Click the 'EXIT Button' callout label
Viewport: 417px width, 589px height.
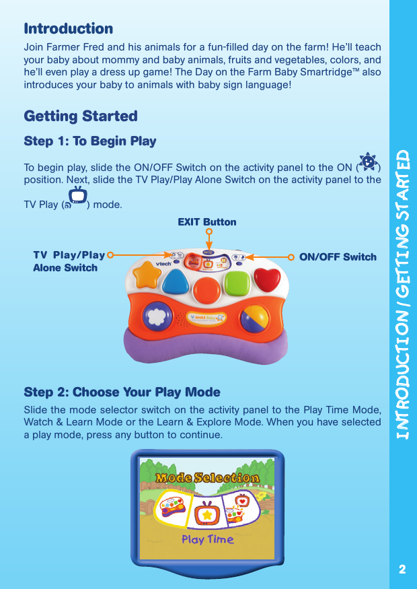(206, 221)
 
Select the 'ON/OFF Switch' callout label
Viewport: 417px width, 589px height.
(338, 256)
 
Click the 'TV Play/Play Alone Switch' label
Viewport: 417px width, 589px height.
(69, 261)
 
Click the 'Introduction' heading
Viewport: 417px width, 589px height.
(68, 29)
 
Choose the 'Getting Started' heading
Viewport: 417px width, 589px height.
(80, 116)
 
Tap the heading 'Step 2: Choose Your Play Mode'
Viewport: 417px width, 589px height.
(122, 392)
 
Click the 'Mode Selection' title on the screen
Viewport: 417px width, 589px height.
(206, 478)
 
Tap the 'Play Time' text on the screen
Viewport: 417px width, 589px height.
(208, 539)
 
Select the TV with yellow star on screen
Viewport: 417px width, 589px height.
(208, 514)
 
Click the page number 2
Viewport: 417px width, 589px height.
(402, 569)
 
